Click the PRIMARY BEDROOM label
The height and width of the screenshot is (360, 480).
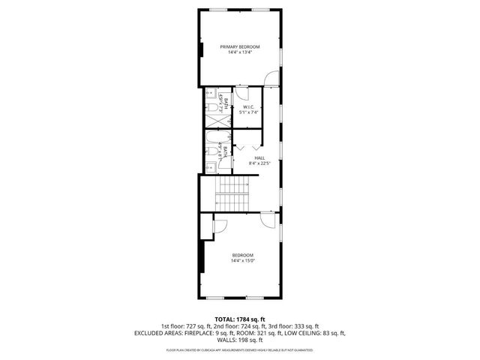pos(240,47)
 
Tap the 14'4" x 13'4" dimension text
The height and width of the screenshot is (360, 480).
pos(240,52)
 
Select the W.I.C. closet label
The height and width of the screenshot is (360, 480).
pos(249,107)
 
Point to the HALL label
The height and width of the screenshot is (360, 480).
pos(259,157)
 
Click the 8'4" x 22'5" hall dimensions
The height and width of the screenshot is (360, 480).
pos(259,163)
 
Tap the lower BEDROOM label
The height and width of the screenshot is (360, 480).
pos(241,255)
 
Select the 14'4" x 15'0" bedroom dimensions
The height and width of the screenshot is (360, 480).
pos(241,260)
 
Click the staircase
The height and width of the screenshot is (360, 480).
pos(232,193)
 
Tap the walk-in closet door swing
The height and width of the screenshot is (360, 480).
pos(241,94)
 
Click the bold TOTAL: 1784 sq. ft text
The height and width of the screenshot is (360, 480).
pos(240,319)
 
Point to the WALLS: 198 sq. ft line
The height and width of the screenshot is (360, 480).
pos(240,339)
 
